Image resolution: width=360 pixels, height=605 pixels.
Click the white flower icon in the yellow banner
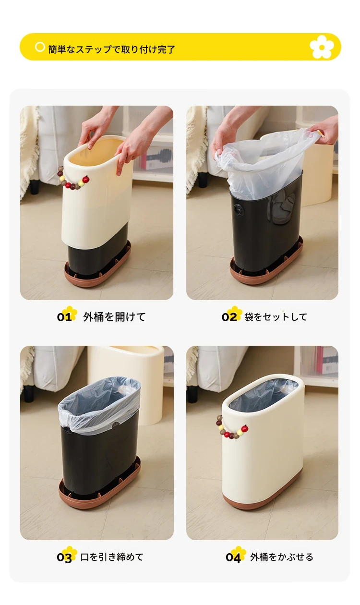322,47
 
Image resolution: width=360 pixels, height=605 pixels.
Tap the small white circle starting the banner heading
40,47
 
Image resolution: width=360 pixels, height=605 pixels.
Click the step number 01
64,317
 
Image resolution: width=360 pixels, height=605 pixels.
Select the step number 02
229,317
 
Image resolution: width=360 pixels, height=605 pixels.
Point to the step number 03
64,557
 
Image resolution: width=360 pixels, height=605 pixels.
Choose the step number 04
233,557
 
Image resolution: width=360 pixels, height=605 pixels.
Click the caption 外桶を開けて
114,317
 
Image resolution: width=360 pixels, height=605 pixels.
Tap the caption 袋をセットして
276,317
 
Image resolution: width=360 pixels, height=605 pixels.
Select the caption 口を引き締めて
112,557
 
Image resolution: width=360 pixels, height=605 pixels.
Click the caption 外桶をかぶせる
281,557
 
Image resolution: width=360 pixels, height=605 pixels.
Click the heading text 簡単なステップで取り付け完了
111,49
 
